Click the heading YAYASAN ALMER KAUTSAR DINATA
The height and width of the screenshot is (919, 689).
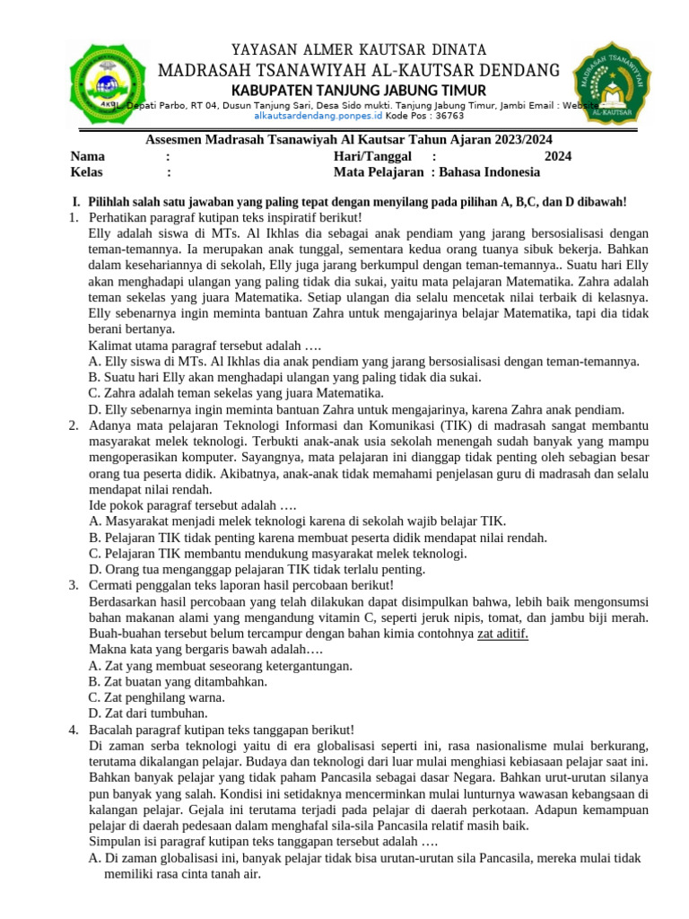[358, 49]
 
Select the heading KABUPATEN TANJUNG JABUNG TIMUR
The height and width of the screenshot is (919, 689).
[358, 91]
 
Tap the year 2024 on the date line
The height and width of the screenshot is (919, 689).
[557, 156]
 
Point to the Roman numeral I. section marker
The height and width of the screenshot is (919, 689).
[76, 203]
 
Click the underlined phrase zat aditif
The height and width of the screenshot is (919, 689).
[502, 634]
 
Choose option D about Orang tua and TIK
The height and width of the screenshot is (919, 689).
[257, 569]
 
